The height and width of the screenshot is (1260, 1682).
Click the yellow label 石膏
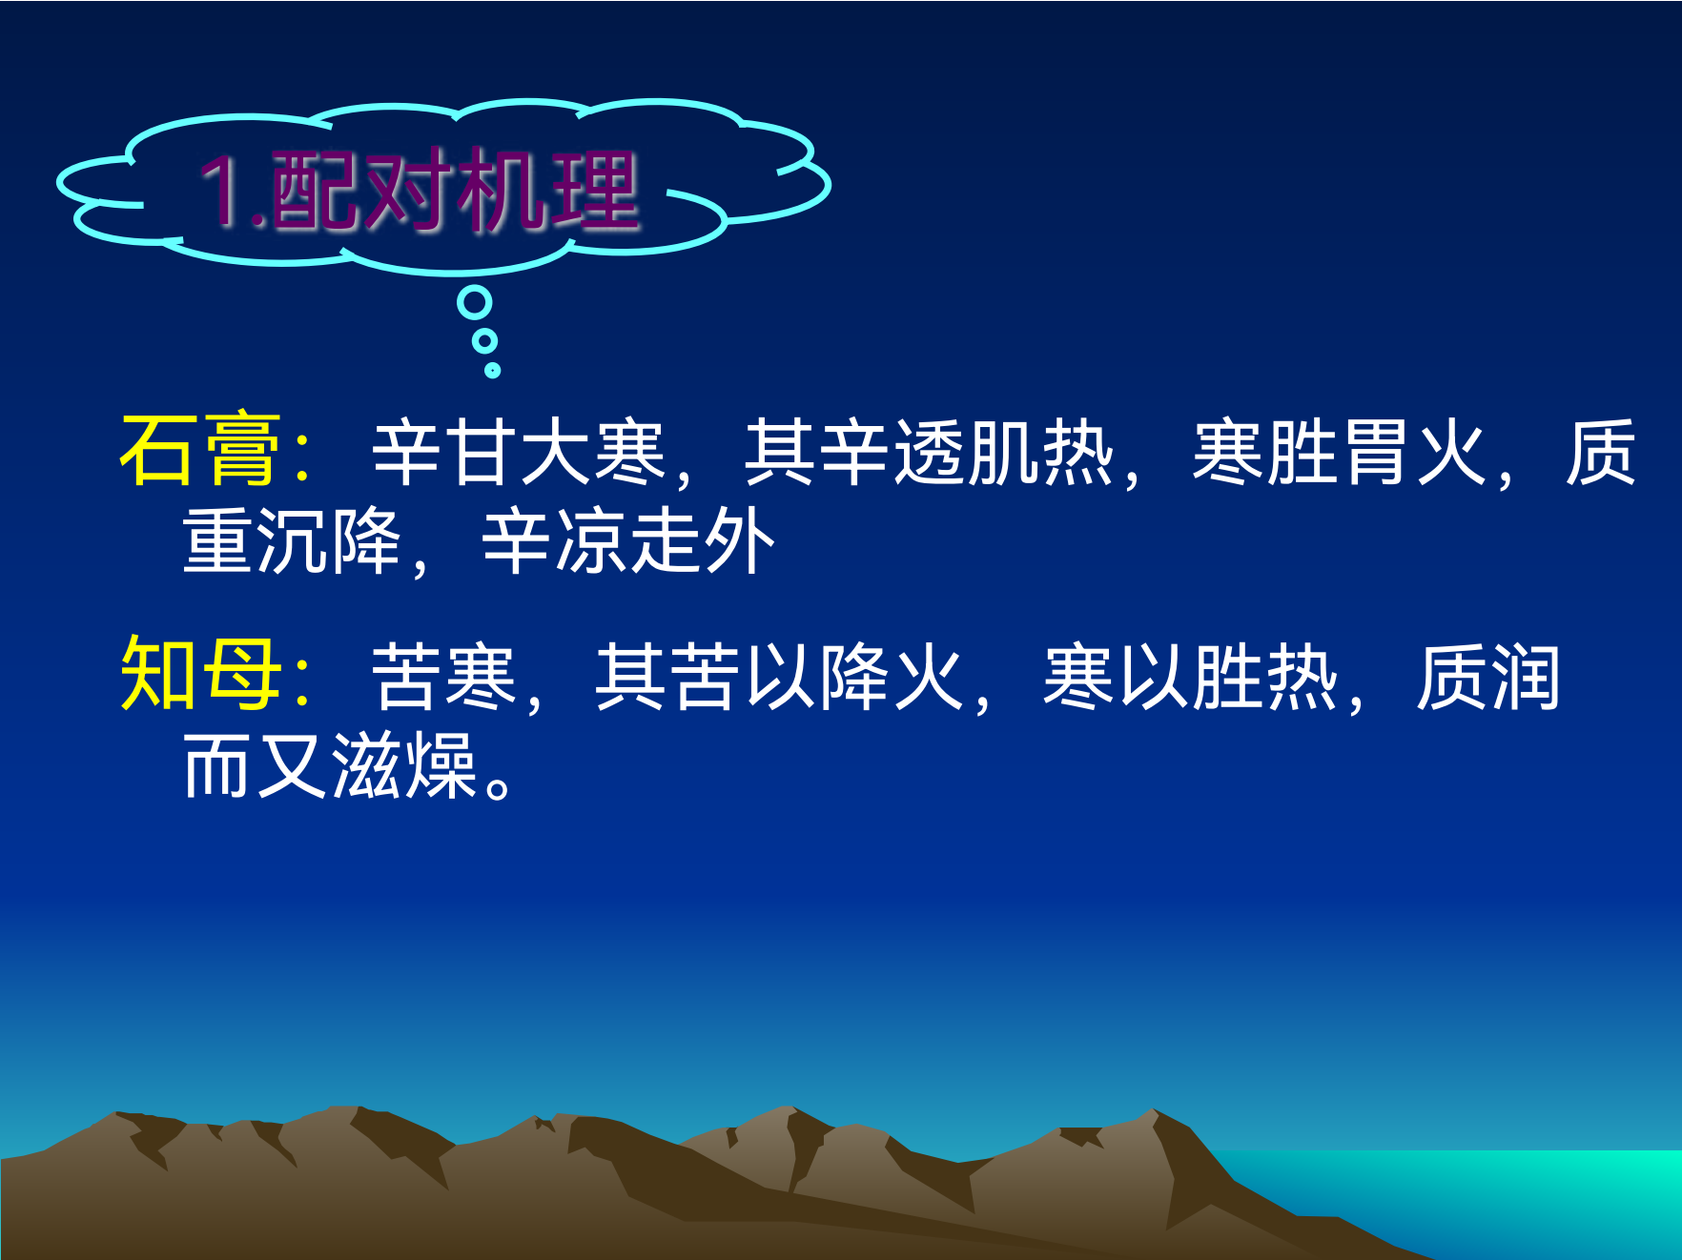pyautogui.click(x=200, y=450)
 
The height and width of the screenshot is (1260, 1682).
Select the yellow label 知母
pyautogui.click(x=200, y=674)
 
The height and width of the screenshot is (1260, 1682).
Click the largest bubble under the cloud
pyautogui.click(x=474, y=303)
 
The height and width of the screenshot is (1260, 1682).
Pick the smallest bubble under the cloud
pyautogui.click(x=492, y=370)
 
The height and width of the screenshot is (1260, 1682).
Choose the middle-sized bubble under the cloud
pyautogui.click(x=484, y=340)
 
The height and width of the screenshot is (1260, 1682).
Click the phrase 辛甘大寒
pyautogui.click(x=518, y=452)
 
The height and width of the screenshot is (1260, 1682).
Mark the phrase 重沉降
pyautogui.click(x=292, y=540)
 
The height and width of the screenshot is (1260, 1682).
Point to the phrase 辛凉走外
pyautogui.click(x=628, y=540)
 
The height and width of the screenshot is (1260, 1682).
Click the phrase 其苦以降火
pyautogui.click(x=780, y=677)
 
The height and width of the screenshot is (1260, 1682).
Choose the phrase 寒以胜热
pyautogui.click(x=1191, y=677)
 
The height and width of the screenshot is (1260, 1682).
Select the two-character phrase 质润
pyautogui.click(x=1488, y=677)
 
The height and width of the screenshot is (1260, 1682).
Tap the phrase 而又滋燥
pyautogui.click(x=330, y=765)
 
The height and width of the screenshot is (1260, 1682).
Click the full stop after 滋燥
pyautogui.click(x=499, y=787)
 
